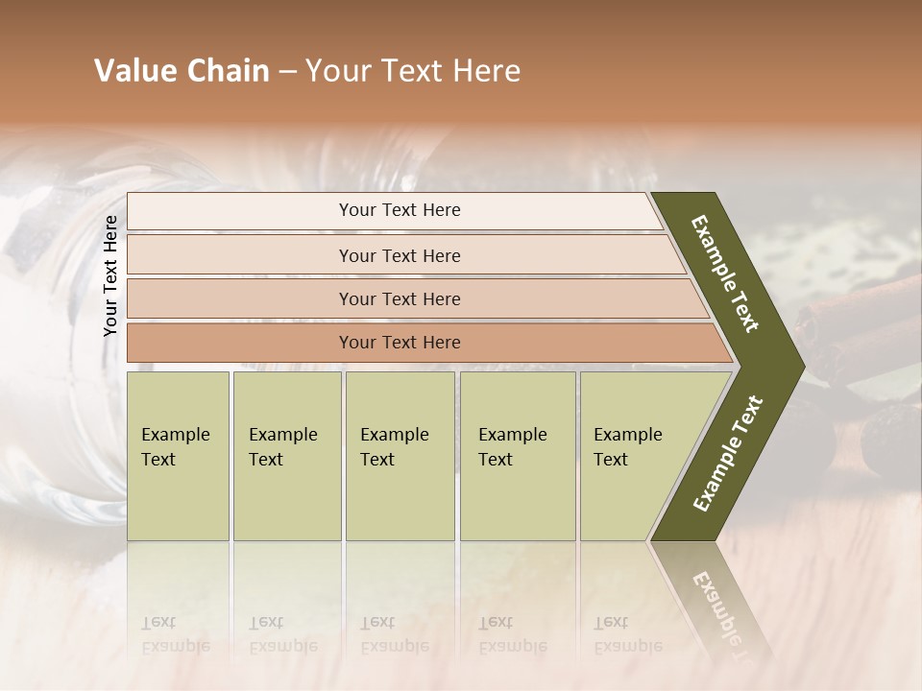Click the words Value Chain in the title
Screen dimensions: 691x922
pos(182,71)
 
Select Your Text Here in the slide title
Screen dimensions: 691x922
pos(413,71)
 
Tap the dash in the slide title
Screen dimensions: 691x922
pos(287,72)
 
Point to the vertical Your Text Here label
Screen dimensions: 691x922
pos(110,275)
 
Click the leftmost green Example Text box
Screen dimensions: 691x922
pos(178,455)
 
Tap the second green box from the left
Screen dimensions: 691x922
pos(286,455)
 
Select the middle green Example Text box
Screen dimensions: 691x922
pos(400,455)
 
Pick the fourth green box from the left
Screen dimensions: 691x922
pos(517,455)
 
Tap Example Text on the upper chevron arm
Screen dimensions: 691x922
pos(725,274)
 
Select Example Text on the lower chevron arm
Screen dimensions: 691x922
pos(727,454)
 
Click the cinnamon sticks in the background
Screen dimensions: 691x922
pos(855,326)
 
